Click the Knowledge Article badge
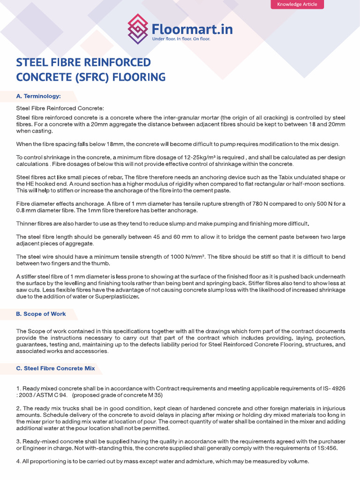coord(297,4)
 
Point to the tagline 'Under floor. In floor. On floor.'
coord(181,39)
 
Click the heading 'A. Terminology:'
coord(38,96)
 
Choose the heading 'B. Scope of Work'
coord(41,314)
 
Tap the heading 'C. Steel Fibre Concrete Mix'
coord(55,368)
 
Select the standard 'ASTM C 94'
coord(47,395)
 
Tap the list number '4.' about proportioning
coord(19,461)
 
